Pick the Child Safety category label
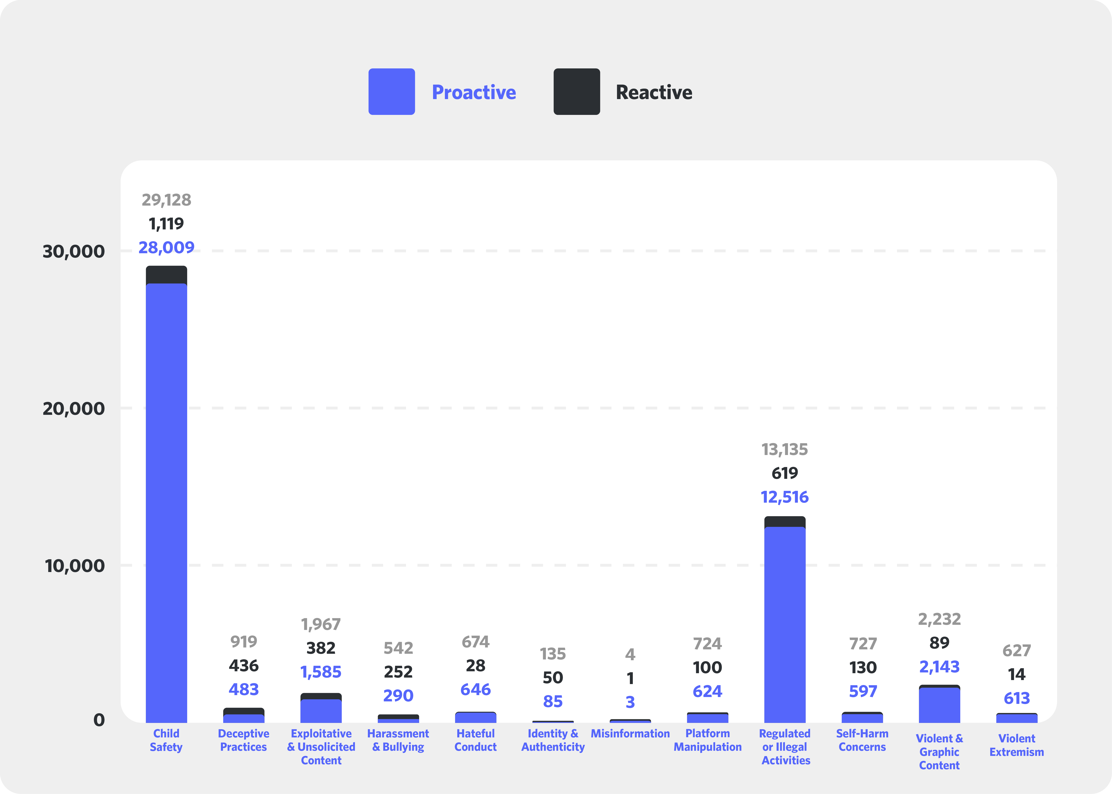[x=166, y=740]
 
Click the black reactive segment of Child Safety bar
[x=166, y=275]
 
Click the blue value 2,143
[x=939, y=666]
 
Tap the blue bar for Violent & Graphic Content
[x=939, y=705]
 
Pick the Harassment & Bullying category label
[x=398, y=740]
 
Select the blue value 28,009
[x=166, y=247]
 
